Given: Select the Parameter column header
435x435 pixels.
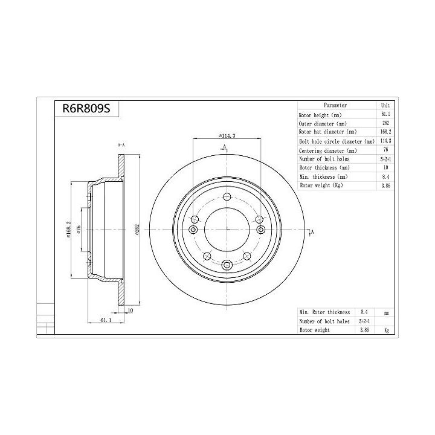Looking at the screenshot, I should point(335,105).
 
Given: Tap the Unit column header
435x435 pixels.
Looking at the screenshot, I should point(385,105).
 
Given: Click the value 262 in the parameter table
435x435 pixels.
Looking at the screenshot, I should point(385,123).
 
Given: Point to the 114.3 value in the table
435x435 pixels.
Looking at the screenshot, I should point(385,141).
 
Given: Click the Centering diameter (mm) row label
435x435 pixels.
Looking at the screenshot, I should point(328,150).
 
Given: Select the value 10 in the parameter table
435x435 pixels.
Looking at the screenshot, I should point(385,167).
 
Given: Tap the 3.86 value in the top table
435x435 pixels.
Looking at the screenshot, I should point(385,185).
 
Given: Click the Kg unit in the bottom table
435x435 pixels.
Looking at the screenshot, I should point(386,330).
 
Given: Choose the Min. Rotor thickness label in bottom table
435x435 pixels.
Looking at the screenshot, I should point(324,312).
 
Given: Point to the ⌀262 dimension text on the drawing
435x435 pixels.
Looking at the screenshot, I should point(138,231).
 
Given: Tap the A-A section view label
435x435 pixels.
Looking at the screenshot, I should point(120,146).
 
